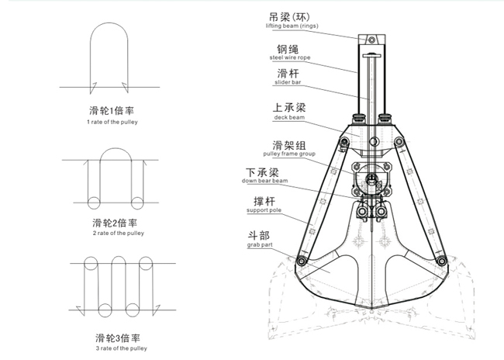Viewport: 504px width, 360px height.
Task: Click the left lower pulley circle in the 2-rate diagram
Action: [93, 203]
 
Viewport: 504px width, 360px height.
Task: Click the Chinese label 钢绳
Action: [281, 47]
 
